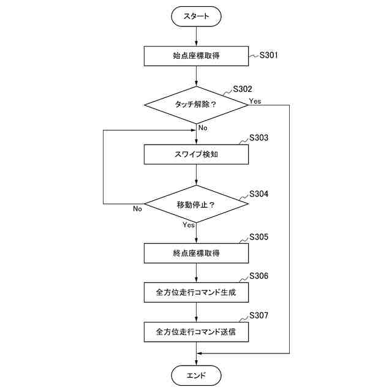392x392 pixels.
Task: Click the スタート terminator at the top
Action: [196, 17]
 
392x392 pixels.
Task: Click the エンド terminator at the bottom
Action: [196, 375]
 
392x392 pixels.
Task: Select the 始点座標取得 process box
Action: [196, 56]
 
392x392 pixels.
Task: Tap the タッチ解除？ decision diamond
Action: [196, 104]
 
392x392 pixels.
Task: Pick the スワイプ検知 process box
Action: [196, 154]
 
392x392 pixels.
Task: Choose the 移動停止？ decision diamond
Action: [196, 203]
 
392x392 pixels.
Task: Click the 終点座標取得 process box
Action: [196, 252]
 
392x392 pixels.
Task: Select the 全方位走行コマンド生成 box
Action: [196, 292]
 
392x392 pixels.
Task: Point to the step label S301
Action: [269, 55]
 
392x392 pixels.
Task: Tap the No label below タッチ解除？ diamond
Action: [203, 127]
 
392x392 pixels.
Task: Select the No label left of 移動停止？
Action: [137, 208]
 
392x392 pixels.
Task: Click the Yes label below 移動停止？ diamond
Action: [189, 225]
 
